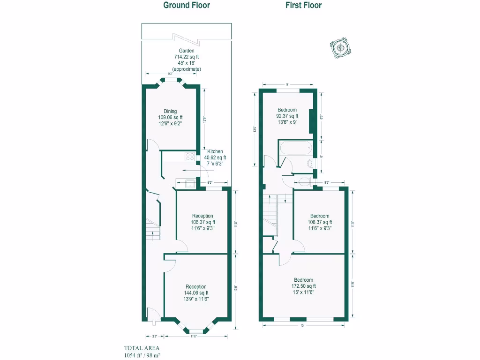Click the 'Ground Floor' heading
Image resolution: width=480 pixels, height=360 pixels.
[x=186, y=6]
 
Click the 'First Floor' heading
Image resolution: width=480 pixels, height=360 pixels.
[x=303, y=6]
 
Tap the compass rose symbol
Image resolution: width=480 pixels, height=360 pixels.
[x=341, y=47]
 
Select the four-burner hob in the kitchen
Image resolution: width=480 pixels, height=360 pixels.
[x=190, y=157]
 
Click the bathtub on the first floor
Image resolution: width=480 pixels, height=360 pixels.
[x=295, y=149]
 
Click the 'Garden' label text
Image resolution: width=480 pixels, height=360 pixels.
[x=186, y=51]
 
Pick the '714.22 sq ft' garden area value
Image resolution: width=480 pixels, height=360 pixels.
[x=186, y=57]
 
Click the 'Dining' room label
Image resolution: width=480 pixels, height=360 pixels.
[x=170, y=112]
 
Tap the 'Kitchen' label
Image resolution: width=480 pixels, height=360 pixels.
[x=215, y=151]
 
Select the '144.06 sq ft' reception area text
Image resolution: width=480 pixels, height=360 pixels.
[x=196, y=293]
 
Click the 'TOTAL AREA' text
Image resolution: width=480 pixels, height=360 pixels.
[x=142, y=348]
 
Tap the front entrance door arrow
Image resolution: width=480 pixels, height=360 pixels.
[x=154, y=322]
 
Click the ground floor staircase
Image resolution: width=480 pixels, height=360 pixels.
[x=153, y=230]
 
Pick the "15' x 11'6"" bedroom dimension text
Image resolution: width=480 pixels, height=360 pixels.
[x=304, y=292]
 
